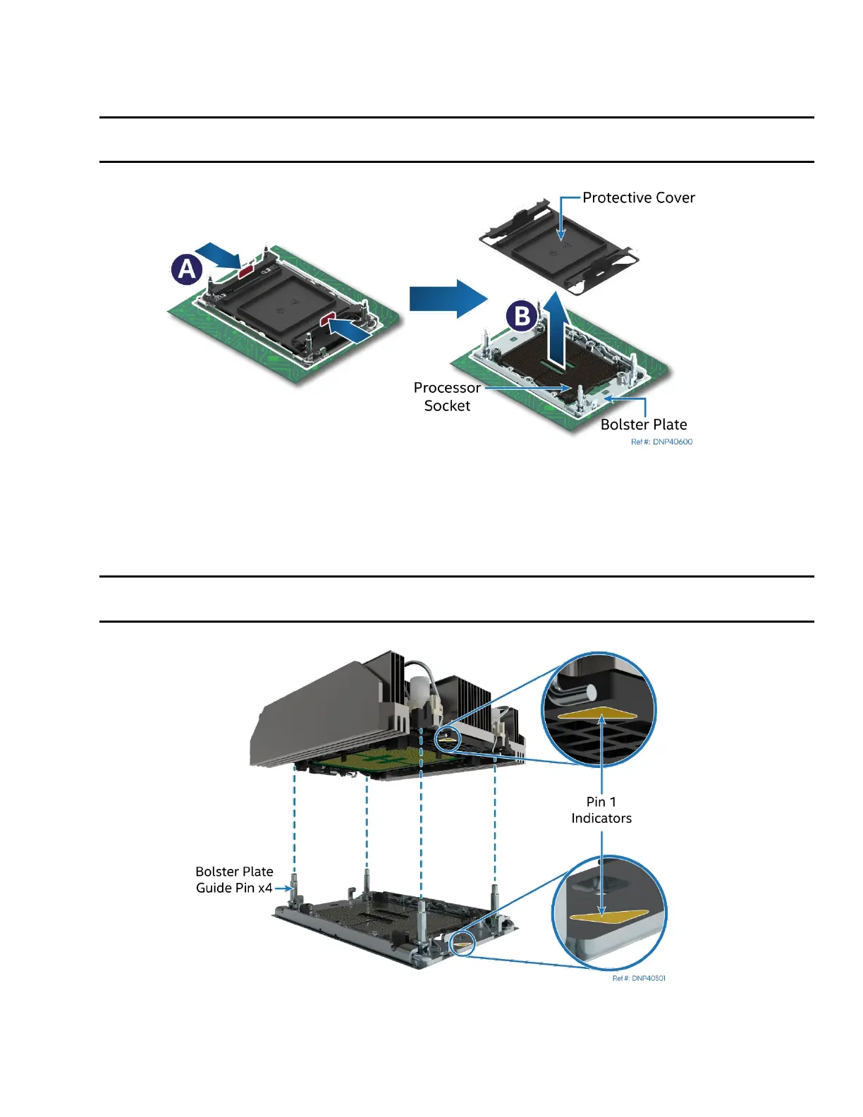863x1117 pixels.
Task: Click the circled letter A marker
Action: [187, 269]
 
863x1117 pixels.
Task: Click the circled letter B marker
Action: [522, 316]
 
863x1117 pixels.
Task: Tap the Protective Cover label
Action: [638, 198]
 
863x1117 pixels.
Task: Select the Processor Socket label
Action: [447, 396]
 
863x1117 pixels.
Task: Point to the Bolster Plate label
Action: [644, 425]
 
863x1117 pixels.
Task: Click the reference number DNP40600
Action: [661, 442]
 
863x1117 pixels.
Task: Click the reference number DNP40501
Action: [639, 978]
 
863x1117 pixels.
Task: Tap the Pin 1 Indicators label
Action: [601, 810]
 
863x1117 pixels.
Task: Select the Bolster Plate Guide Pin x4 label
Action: [234, 879]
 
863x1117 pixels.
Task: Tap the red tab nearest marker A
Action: [246, 269]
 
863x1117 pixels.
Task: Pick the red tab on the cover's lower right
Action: [329, 320]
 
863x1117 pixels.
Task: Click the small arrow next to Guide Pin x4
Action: [283, 889]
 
